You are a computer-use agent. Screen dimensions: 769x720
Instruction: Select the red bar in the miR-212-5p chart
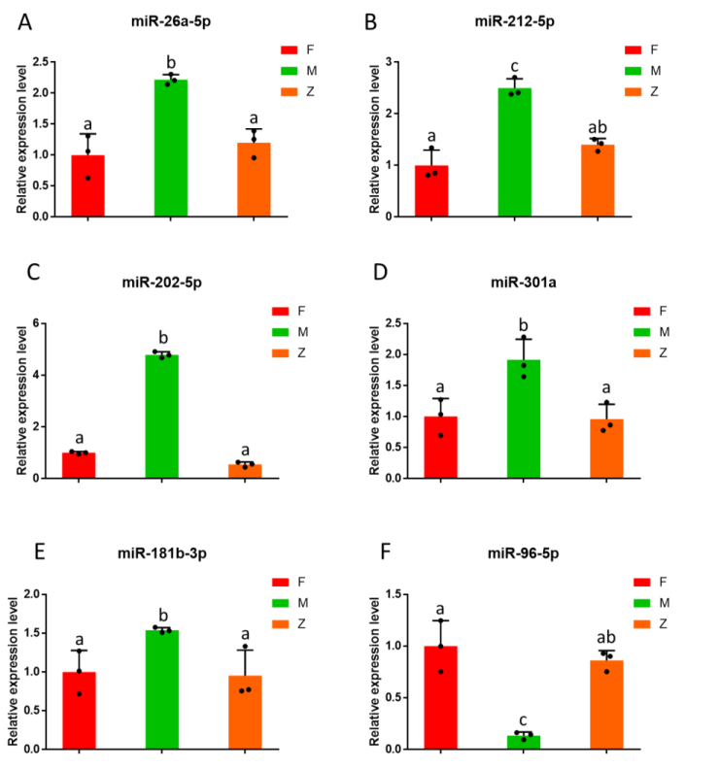(x=430, y=191)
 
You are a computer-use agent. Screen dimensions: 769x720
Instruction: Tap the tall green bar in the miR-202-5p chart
(x=161, y=417)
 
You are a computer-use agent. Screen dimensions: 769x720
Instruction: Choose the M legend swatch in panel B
(x=634, y=70)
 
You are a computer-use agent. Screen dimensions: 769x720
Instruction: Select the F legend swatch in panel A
(x=291, y=49)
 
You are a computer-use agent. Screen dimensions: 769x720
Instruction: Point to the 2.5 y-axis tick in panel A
(x=40, y=62)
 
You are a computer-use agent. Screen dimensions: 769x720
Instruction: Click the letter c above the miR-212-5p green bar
(x=515, y=67)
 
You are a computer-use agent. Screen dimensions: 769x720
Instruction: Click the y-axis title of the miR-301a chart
(x=374, y=399)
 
